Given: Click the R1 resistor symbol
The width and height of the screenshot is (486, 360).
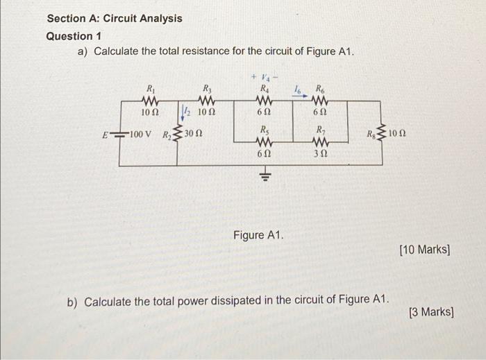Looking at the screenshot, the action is [149, 100].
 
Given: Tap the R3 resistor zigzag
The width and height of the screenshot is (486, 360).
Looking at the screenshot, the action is [207, 100].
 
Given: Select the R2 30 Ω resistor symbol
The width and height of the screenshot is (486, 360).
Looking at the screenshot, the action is [177, 133].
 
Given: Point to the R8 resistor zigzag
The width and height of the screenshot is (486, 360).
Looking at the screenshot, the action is [381, 133].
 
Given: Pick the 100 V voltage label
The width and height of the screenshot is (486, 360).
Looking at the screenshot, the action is [143, 133].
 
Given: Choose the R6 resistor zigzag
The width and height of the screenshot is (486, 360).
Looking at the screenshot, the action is [320, 100].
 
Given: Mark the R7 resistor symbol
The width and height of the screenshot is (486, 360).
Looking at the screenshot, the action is [320, 142].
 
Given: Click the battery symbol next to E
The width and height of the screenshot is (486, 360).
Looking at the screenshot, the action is [119, 134].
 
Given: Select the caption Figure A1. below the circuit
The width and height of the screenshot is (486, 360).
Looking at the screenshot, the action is [258, 236].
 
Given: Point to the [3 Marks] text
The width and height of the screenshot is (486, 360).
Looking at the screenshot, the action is [431, 313].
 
